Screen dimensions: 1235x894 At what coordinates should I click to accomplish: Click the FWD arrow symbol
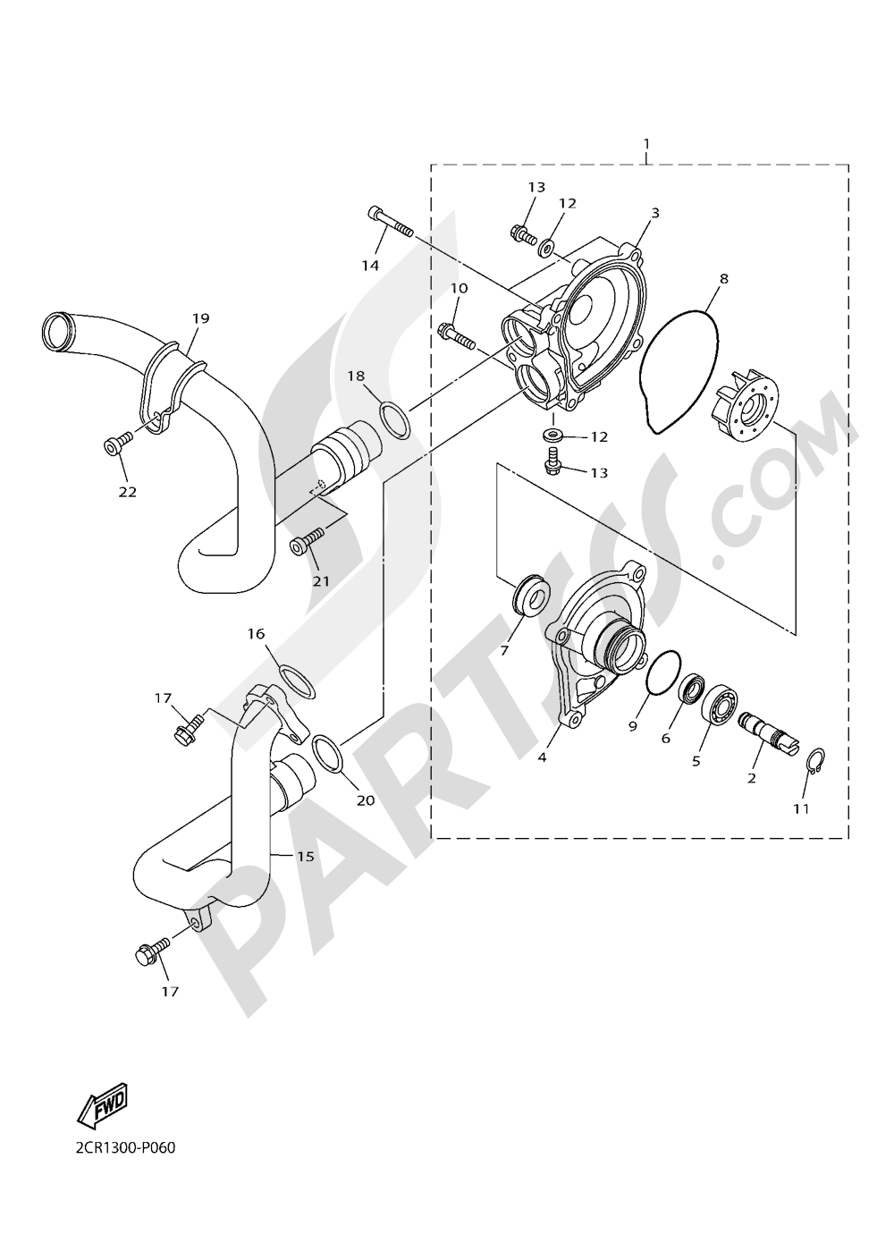pyautogui.click(x=103, y=1105)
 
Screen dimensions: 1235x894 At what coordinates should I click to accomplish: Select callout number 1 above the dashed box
pyautogui.click(x=646, y=143)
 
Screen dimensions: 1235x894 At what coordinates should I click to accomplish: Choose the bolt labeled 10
pyautogui.click(x=457, y=335)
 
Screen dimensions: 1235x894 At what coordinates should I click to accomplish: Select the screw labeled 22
pyautogui.click(x=117, y=442)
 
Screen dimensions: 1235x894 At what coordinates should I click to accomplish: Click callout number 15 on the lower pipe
pyautogui.click(x=306, y=856)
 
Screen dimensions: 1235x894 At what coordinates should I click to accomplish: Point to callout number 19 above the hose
pyautogui.click(x=199, y=317)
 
